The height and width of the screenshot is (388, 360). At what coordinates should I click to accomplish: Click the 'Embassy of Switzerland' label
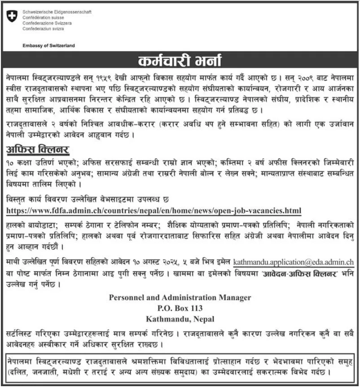pos(48,46)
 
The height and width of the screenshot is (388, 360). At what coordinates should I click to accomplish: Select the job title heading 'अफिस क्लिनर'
pos(38,149)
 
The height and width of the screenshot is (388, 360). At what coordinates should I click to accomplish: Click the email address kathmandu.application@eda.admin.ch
pos(294,261)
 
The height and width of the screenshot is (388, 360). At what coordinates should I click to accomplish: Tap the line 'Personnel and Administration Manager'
pos(180,298)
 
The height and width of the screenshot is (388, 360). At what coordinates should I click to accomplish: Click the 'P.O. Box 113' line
pos(180,309)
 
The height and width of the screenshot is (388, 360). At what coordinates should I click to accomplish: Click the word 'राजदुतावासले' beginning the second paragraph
pos(29,123)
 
